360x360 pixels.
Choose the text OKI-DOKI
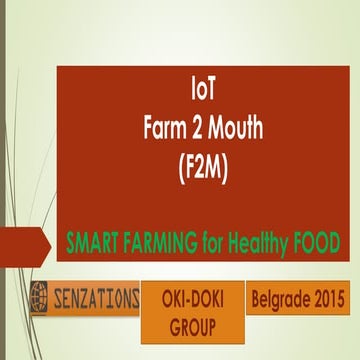192,297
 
